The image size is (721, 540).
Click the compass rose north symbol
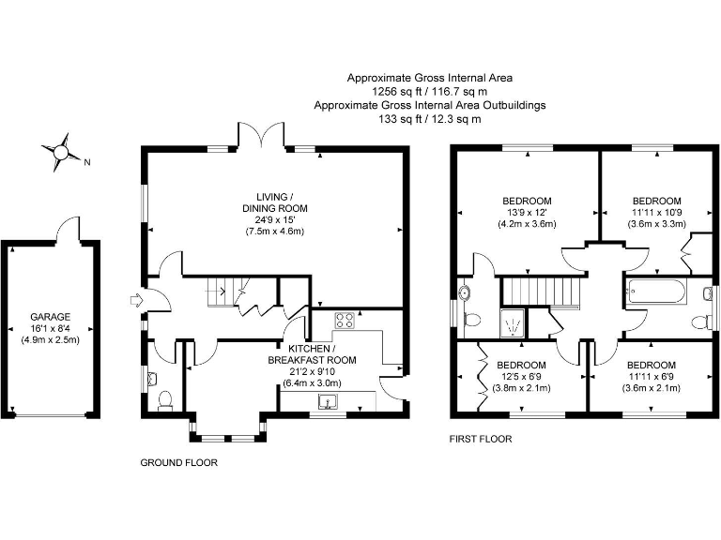click(x=61, y=152)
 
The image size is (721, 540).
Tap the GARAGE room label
click(x=51, y=317)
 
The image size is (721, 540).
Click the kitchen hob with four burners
click(x=345, y=321)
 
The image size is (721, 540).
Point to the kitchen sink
click(x=328, y=401)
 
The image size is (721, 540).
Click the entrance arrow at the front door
click(x=137, y=301)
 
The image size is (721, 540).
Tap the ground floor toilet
click(x=165, y=399)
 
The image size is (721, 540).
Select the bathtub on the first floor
click(x=655, y=292)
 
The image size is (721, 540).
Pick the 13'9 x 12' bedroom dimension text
click(x=527, y=213)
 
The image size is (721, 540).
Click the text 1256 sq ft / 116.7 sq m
click(x=430, y=91)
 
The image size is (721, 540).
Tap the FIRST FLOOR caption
click(x=481, y=439)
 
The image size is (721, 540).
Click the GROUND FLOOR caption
click(x=179, y=462)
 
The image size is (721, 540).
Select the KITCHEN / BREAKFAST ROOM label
click(x=313, y=354)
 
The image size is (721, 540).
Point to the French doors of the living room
click(x=261, y=134)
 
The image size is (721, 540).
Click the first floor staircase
click(x=541, y=292)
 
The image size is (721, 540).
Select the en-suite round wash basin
click(x=465, y=292)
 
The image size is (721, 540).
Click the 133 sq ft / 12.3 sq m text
click(x=430, y=119)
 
